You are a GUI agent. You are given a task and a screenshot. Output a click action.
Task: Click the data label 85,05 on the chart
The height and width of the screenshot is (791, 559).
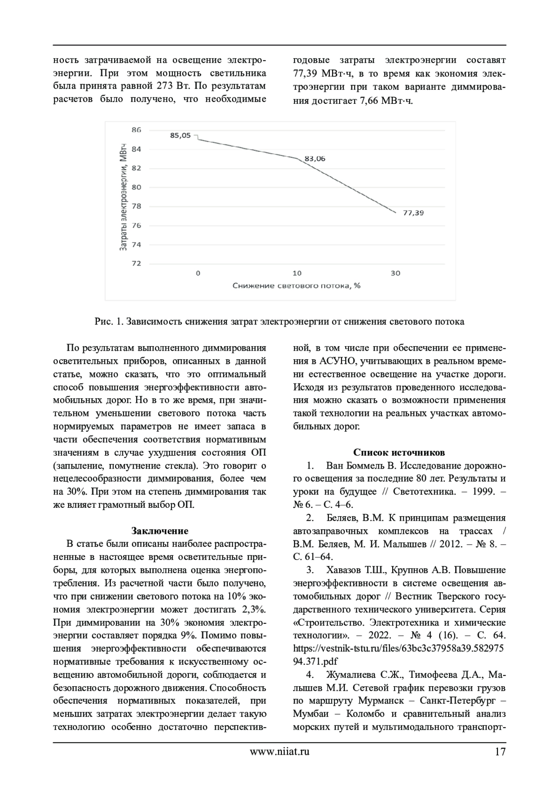click(180, 136)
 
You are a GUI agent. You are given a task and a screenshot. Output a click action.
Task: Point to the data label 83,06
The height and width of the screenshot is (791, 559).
click(315, 158)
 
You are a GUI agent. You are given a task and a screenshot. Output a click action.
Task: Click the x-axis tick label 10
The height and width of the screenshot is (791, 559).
click(297, 273)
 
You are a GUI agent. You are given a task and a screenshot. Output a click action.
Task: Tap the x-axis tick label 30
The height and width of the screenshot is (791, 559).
click(395, 273)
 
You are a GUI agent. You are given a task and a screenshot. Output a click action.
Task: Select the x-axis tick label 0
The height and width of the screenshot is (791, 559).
click(198, 273)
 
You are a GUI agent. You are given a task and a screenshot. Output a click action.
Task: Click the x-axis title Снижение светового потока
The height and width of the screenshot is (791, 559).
click(296, 286)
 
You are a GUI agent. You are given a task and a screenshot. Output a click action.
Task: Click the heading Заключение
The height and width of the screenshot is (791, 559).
click(160, 531)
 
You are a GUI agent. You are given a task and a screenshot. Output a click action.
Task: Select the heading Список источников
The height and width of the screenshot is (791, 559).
click(399, 452)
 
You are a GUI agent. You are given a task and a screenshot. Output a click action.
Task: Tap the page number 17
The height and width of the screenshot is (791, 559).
click(500, 751)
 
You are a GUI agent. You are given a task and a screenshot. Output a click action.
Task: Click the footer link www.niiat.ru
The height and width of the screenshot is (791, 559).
click(279, 751)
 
